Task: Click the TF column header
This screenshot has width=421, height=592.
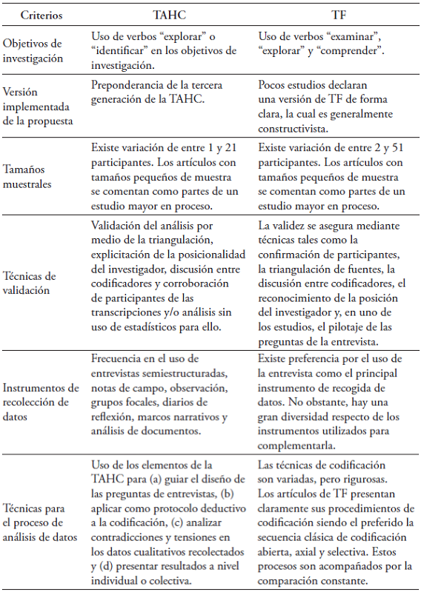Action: tap(335, 15)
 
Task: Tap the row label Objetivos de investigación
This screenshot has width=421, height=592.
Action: tap(42, 51)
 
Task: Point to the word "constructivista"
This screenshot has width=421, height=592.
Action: tap(294, 126)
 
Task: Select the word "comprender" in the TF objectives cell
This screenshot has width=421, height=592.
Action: tap(353, 52)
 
